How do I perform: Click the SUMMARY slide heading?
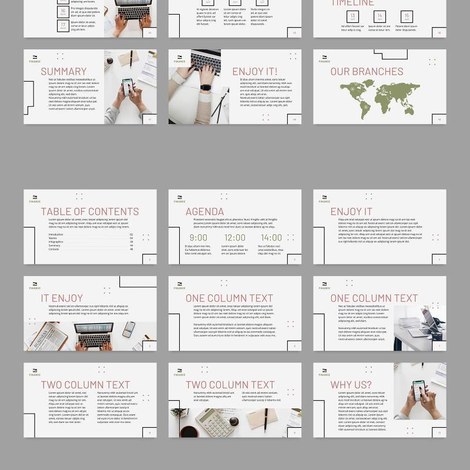pyautogui.click(x=63, y=72)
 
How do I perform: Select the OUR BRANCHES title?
pyautogui.click(x=367, y=72)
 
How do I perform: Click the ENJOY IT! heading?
pyautogui.click(x=254, y=72)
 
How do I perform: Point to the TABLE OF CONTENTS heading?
pyautogui.click(x=90, y=211)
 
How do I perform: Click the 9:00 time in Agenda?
pyautogui.click(x=198, y=238)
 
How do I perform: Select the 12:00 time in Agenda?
pyautogui.click(x=234, y=238)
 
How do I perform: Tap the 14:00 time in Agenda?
pyautogui.click(x=271, y=238)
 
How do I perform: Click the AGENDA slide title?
pyautogui.click(x=204, y=211)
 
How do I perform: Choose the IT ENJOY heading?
pyautogui.click(x=62, y=298)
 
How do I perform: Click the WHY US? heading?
pyautogui.click(x=351, y=385)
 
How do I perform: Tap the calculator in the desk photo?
pyautogui.click(x=214, y=422)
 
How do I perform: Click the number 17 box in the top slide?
pyautogui.click(x=63, y=25)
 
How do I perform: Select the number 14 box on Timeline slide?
pyautogui.click(x=380, y=16)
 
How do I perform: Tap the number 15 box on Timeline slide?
pyautogui.click(x=407, y=16)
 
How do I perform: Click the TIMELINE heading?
pyautogui.click(x=352, y=3)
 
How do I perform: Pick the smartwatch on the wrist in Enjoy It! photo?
pyautogui.click(x=205, y=88)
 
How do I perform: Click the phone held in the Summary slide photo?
pyautogui.click(x=127, y=86)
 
